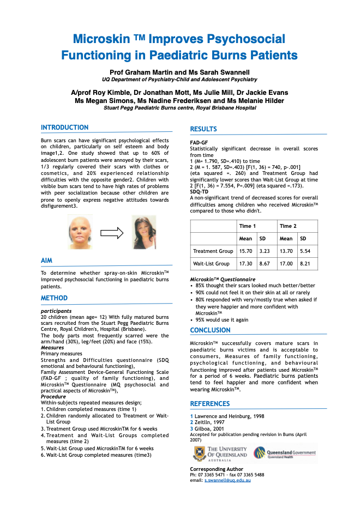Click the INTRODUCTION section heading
click(64, 128)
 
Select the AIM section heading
click(46, 261)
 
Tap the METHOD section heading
click(55, 298)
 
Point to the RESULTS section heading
click(203, 129)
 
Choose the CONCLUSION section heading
click(210, 330)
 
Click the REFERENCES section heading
click(210, 404)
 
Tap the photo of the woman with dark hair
click(145, 232)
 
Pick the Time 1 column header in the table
click(247, 226)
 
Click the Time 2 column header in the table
click(288, 226)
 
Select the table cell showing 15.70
click(246, 251)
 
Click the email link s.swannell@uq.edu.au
click(227, 480)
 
